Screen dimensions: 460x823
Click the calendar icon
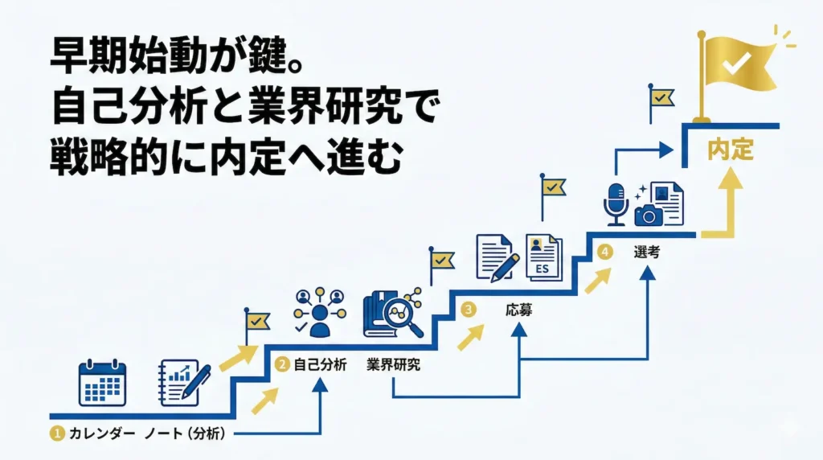pos(102,384)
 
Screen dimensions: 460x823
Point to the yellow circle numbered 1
pos(56,434)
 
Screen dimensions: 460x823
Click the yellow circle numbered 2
pos(282,364)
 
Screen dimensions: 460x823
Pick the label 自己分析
pos(319,364)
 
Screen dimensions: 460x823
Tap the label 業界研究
pos(393,364)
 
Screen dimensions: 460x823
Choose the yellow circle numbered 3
pos(468,309)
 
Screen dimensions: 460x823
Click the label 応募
pos(518,310)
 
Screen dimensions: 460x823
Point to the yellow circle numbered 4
pos(605,252)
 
